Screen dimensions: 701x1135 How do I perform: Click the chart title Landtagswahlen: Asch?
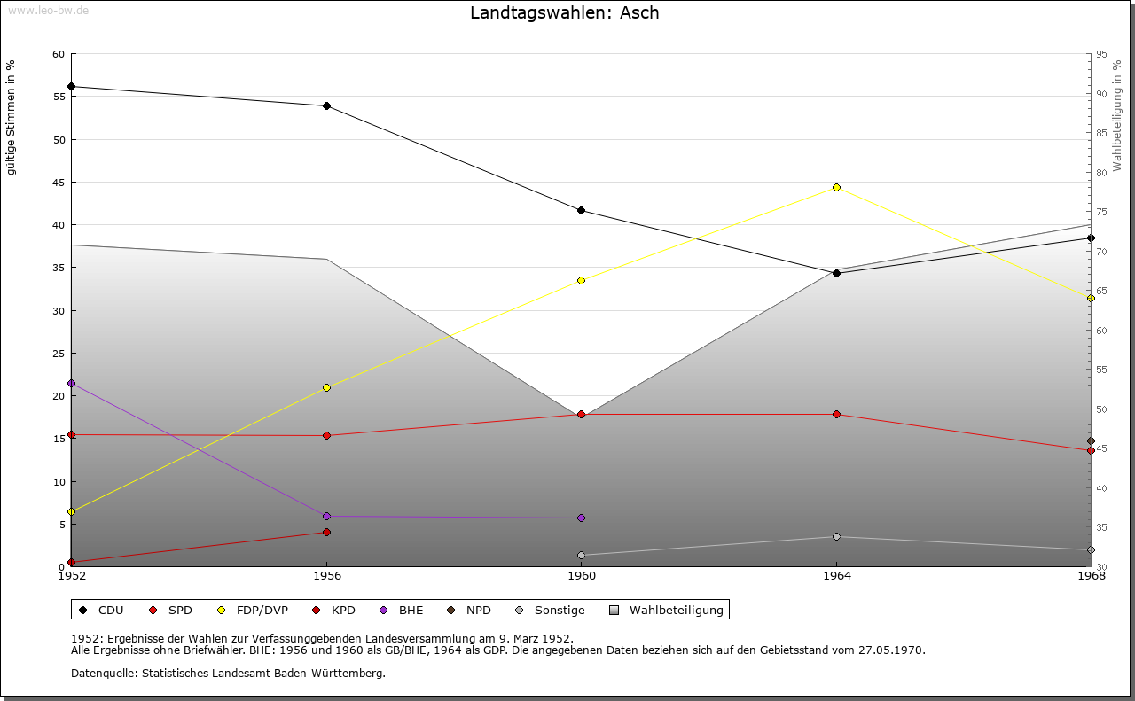tap(565, 13)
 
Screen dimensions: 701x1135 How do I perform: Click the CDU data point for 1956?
tap(326, 106)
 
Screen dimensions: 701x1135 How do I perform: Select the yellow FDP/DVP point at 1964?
tap(836, 187)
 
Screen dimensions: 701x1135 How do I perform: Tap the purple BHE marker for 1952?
tap(71, 384)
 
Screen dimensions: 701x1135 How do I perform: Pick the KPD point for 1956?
tap(326, 533)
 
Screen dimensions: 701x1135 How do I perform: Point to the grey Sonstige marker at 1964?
tap(836, 537)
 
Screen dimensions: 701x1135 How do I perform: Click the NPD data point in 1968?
tap(1091, 441)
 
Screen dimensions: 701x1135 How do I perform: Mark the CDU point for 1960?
tap(581, 210)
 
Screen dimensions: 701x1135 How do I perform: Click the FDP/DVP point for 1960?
tap(581, 281)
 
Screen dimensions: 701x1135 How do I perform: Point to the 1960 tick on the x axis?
tap(581, 576)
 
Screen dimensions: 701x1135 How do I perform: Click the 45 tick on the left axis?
tap(59, 183)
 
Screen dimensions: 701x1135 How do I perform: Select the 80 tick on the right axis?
tap(1101, 173)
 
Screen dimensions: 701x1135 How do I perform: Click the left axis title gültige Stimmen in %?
tap(12, 117)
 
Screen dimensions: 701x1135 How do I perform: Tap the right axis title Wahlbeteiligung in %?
tap(1117, 115)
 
